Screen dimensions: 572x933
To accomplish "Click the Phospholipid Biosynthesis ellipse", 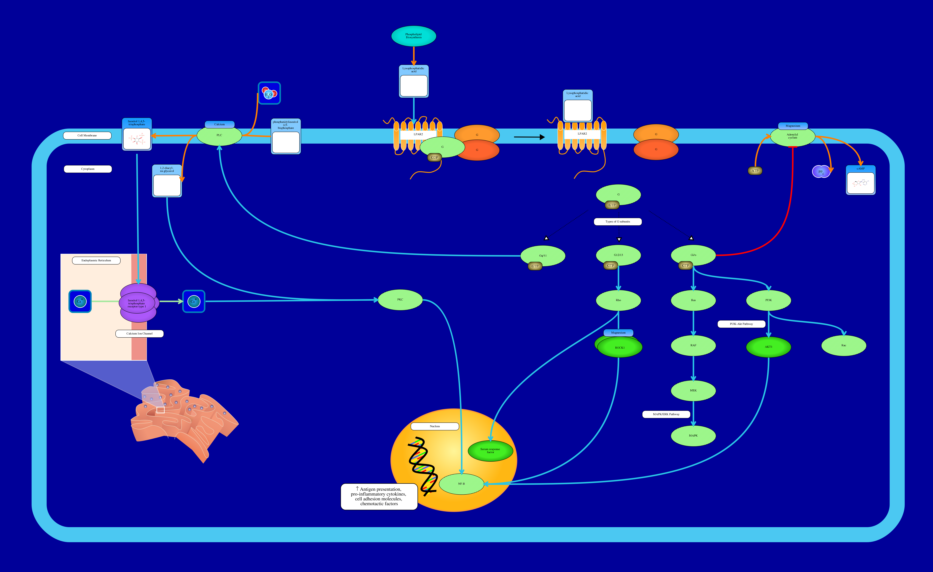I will [x=414, y=36].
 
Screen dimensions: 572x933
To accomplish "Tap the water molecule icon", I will [x=269, y=93].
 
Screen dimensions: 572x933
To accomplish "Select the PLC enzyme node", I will [x=219, y=136].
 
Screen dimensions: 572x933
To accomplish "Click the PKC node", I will [x=400, y=300].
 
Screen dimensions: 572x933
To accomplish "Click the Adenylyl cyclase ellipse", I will [x=792, y=136].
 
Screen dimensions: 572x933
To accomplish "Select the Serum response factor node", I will [x=490, y=451].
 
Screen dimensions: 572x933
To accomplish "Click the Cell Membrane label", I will [x=87, y=136].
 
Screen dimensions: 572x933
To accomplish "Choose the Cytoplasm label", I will [x=88, y=169].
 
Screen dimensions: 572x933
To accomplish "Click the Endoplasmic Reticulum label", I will [x=96, y=261].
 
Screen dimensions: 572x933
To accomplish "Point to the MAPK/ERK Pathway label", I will [x=666, y=414].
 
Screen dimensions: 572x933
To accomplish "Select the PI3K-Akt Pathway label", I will [x=741, y=324].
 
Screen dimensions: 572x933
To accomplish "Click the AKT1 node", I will [x=768, y=347].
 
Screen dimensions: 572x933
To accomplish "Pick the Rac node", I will [x=844, y=345].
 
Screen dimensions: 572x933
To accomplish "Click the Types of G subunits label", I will [x=618, y=222].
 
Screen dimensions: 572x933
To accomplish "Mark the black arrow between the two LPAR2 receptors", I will [x=529, y=137].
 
